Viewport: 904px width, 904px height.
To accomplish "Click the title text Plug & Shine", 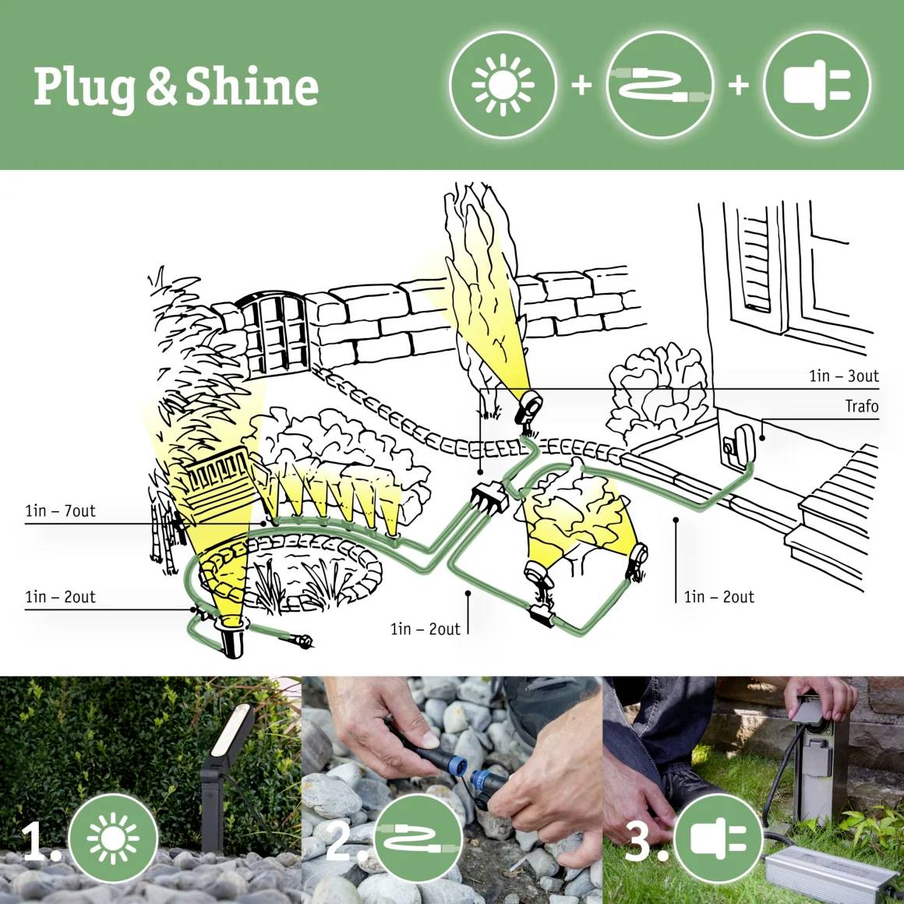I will [175, 86].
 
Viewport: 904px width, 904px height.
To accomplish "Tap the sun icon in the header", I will [503, 84].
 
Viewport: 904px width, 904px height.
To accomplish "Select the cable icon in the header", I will [659, 84].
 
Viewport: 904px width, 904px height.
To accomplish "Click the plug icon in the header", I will [816, 84].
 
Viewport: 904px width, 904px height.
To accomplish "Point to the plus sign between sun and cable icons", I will [581, 84].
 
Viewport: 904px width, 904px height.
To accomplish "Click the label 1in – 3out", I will [843, 376].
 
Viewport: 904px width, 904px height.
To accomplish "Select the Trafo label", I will [861, 406].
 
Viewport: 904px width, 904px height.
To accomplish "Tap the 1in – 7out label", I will [60, 511].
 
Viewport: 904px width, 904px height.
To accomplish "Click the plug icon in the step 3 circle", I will [717, 840].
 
